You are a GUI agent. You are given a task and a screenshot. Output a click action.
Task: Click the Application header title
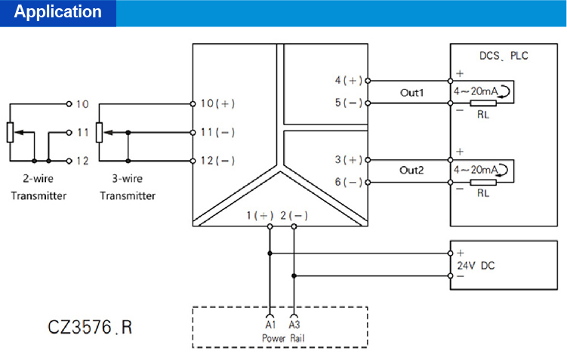57,12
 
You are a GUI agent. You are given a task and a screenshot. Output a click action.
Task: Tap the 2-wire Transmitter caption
39,188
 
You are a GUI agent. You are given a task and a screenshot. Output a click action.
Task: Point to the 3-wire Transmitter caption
128,188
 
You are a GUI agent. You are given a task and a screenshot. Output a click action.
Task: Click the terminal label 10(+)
217,103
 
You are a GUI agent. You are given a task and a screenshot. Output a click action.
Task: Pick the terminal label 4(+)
349,80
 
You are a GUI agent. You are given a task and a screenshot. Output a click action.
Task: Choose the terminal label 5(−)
349,103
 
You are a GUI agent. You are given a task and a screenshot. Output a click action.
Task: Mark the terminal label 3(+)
349,159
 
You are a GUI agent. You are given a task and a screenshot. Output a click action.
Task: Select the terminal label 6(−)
349,182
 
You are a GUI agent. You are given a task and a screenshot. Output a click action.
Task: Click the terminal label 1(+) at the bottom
260,215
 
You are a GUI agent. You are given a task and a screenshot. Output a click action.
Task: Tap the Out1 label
412,92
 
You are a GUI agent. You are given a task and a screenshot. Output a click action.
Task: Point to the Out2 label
412,171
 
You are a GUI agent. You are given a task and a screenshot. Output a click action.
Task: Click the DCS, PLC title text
504,56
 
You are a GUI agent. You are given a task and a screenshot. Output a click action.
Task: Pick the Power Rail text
283,337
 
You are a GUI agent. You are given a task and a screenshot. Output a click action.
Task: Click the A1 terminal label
270,324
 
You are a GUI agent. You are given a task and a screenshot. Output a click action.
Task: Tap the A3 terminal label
294,324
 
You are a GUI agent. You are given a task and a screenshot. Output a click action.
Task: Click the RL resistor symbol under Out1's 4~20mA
482,103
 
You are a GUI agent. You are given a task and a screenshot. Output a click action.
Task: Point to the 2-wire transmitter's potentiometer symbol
10,131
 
